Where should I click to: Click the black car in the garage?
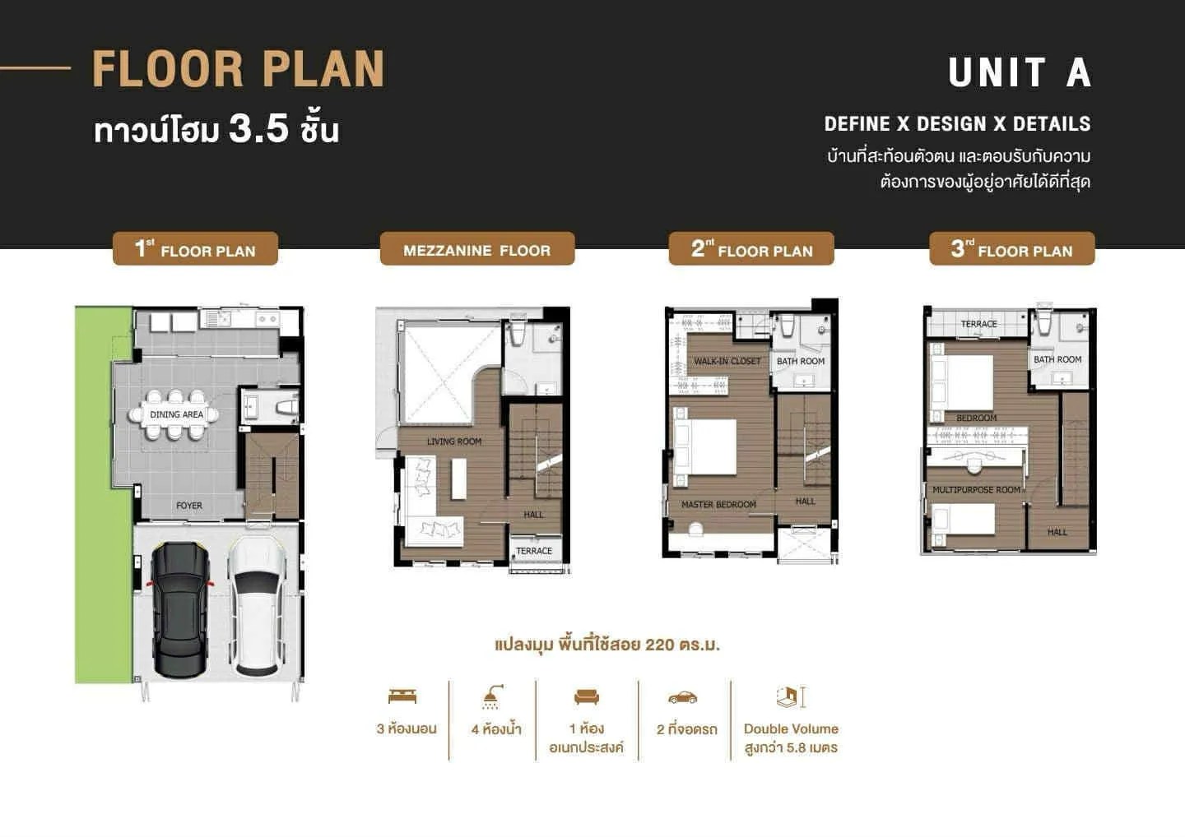point(180,609)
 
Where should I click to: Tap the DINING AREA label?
point(177,414)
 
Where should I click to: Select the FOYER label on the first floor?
point(189,506)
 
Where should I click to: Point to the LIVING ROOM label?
point(454,442)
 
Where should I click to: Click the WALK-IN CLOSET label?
point(727,362)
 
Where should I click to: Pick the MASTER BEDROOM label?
point(719,505)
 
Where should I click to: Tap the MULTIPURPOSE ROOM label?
point(977,490)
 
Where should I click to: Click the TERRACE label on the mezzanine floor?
point(534,551)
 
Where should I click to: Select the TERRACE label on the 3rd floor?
point(979,324)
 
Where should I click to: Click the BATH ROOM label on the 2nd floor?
point(801,362)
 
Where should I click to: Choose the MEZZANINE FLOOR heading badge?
point(477,248)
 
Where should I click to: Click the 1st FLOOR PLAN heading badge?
point(195,248)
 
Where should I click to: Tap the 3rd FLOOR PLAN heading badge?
point(1012,248)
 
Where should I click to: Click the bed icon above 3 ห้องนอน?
point(402,696)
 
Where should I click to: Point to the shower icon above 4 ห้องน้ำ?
point(492,696)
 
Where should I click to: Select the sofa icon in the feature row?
point(587,696)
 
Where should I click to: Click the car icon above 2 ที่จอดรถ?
point(683,697)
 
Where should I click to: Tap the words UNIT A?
point(1020,72)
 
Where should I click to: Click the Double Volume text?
point(791,728)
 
